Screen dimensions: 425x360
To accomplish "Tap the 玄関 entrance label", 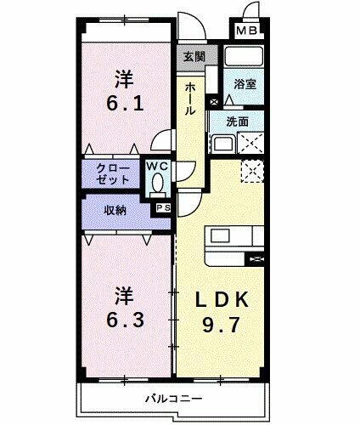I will (x=194, y=58).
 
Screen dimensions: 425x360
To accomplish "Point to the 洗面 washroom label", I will (x=239, y=122).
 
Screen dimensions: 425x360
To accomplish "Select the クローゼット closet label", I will (x=113, y=174).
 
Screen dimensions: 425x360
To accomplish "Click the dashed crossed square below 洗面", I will (x=252, y=170).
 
